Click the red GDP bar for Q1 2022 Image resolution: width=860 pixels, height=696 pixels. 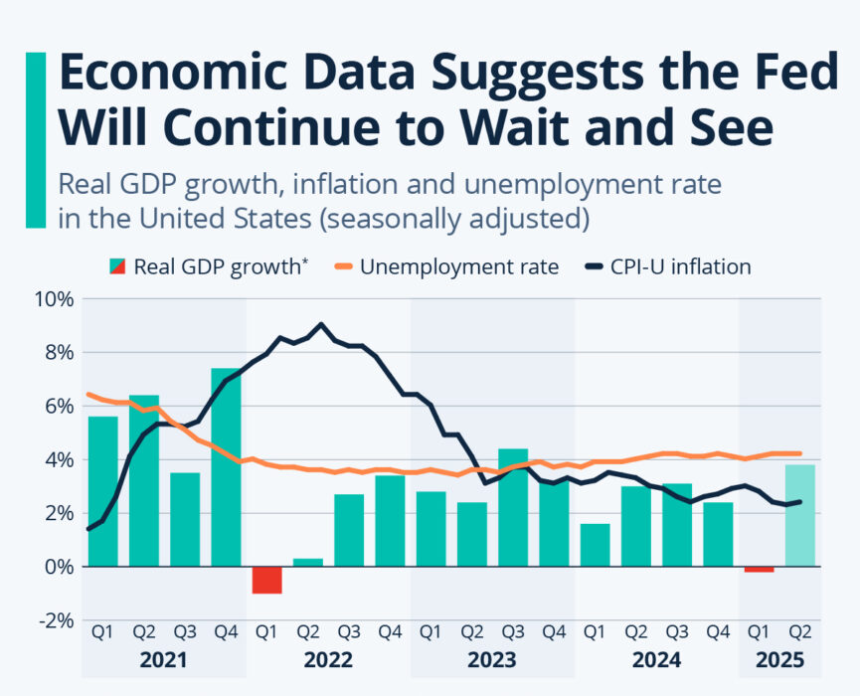pyautogui.click(x=266, y=580)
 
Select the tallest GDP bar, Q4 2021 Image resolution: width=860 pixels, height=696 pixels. pyautogui.click(x=226, y=467)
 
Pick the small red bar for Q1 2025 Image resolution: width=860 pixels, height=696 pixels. pyautogui.click(x=759, y=569)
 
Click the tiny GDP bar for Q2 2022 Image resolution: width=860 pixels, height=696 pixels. pyautogui.click(x=307, y=563)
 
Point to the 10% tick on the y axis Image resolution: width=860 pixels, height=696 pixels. pyautogui.click(x=54, y=298)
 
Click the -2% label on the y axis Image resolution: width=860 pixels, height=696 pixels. pyautogui.click(x=54, y=619)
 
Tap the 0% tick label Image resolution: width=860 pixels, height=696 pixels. pyautogui.click(x=58, y=566)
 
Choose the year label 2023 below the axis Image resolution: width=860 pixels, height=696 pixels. pyautogui.click(x=491, y=660)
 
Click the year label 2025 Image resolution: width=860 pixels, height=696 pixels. pyautogui.click(x=779, y=660)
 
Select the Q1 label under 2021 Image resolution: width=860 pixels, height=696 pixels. pyautogui.click(x=102, y=630)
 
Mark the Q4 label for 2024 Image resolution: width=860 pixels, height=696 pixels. pyautogui.click(x=717, y=630)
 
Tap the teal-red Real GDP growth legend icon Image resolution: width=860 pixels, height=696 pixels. pyautogui.click(x=117, y=266)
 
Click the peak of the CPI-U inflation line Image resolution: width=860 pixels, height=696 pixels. pyautogui.click(x=320, y=324)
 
